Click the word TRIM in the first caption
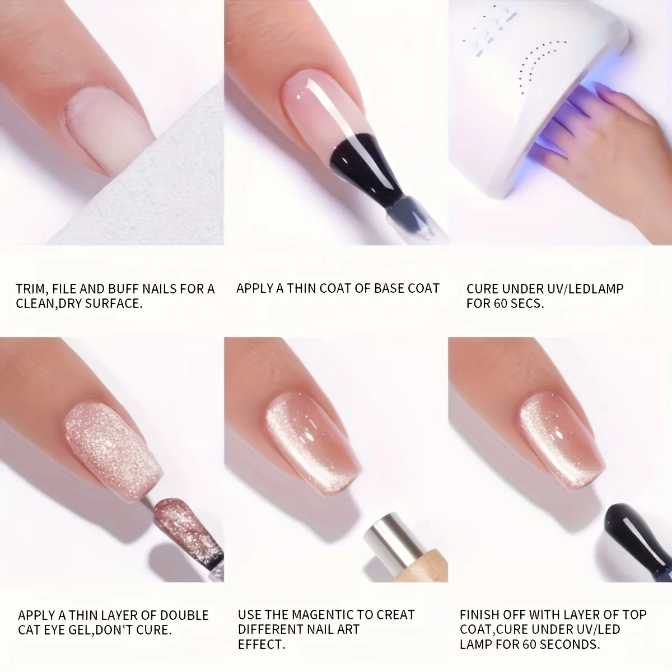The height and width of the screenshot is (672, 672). (x=30, y=289)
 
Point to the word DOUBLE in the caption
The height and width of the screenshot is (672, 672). (x=184, y=615)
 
